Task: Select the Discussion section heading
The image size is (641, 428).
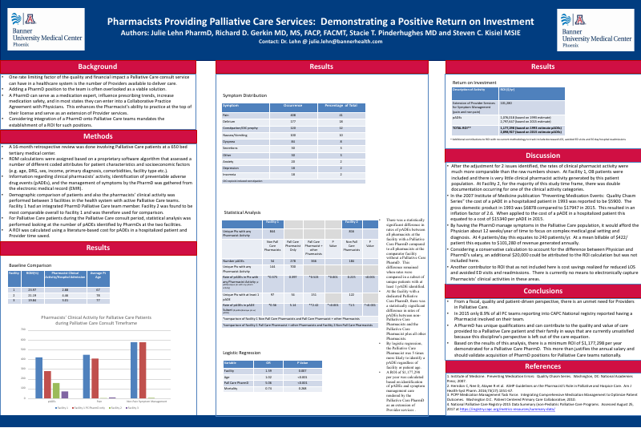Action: pos(542,155)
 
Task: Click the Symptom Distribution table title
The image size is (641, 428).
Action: pos(244,95)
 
